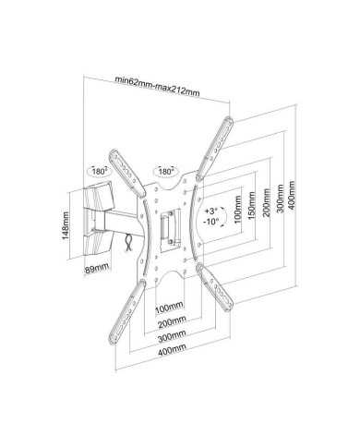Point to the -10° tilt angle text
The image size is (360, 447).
[x=211, y=222]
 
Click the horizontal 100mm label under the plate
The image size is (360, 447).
[x=168, y=306]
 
